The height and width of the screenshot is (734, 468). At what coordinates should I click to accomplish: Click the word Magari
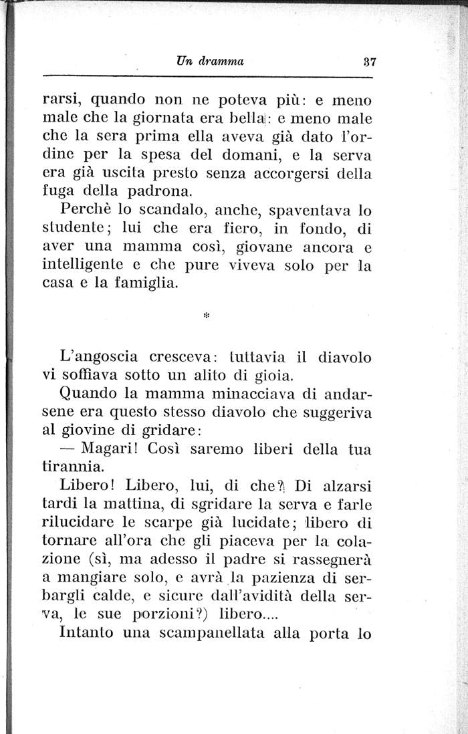112,449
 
